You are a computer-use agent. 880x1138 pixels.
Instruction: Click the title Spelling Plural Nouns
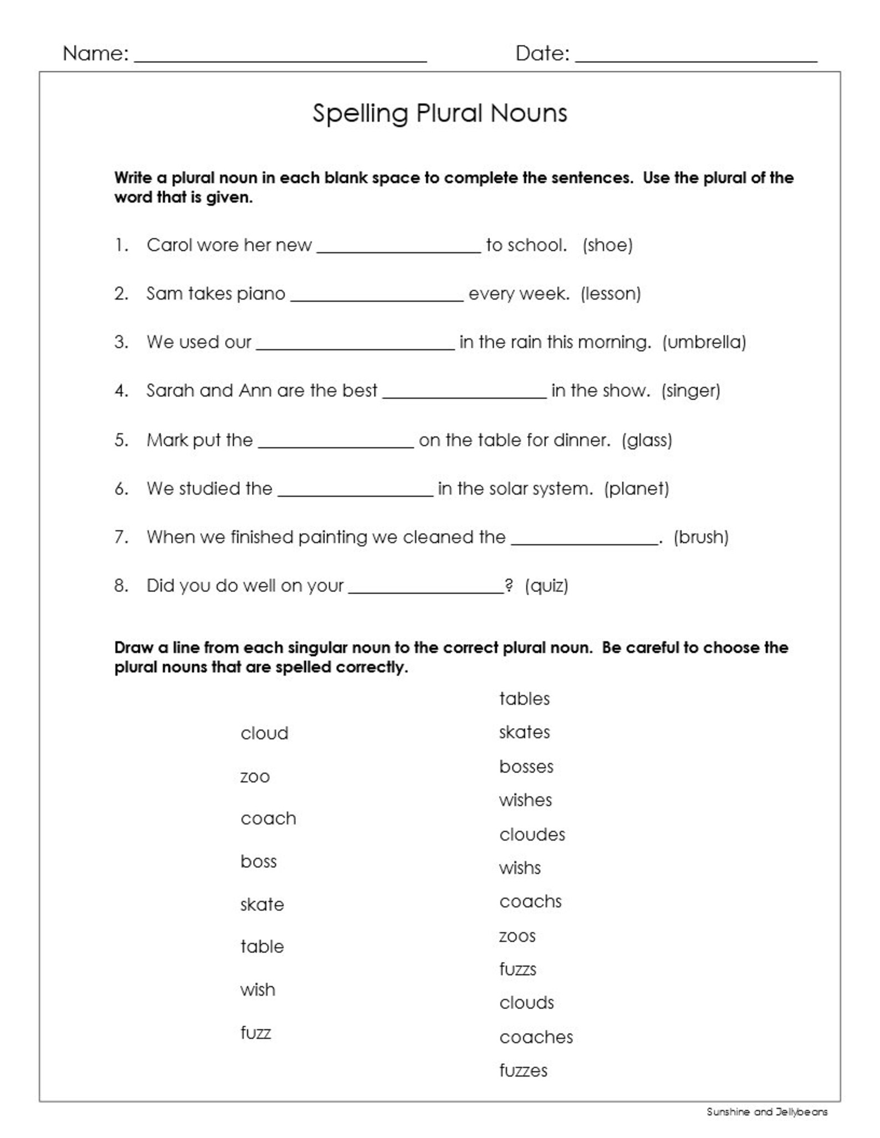pyautogui.click(x=439, y=113)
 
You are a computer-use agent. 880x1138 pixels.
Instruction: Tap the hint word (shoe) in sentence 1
pyautogui.click(x=607, y=245)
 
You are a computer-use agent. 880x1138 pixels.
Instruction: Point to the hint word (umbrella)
pyautogui.click(x=704, y=342)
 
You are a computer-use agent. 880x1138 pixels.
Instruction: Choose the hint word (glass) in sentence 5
pyautogui.click(x=647, y=440)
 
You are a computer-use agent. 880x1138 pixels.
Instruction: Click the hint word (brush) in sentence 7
pyautogui.click(x=700, y=537)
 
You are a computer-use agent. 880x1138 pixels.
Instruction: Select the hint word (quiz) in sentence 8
pyautogui.click(x=546, y=585)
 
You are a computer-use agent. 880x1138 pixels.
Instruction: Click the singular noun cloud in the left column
pyautogui.click(x=264, y=733)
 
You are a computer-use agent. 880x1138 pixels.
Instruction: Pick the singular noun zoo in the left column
pyautogui.click(x=255, y=776)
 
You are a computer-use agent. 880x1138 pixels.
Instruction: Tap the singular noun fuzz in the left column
pyautogui.click(x=255, y=1033)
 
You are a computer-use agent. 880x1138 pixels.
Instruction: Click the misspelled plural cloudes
pyautogui.click(x=532, y=835)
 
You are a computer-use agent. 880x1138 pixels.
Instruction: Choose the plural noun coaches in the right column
pyautogui.click(x=536, y=1037)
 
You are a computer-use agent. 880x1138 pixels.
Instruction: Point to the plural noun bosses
pyautogui.click(x=526, y=766)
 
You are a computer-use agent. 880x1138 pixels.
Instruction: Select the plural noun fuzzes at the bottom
pyautogui.click(x=523, y=1070)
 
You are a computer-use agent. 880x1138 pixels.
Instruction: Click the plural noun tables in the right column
pyautogui.click(x=524, y=698)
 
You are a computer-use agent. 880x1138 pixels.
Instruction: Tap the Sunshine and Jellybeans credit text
pyautogui.click(x=767, y=1111)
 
